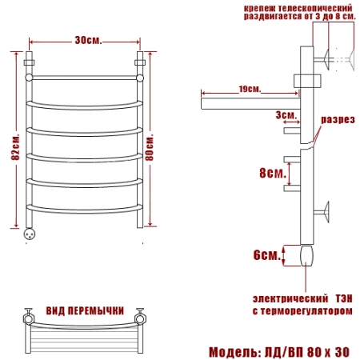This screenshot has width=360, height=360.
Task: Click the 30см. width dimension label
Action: pos(88,41)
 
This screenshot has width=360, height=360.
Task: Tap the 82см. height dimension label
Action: pos(15,147)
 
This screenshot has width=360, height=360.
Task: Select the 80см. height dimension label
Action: pos(149,147)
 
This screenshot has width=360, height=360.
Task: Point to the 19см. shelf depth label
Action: pos(250,89)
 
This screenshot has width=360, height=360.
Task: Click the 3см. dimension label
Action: pos(286,115)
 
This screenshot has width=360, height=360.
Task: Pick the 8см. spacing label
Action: pos(273,173)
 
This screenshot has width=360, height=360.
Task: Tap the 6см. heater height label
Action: pos(266,255)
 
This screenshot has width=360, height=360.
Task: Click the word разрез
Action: pos(338,120)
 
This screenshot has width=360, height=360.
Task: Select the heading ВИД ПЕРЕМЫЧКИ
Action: pos(85,310)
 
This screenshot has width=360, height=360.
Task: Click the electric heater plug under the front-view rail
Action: pos(30,234)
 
